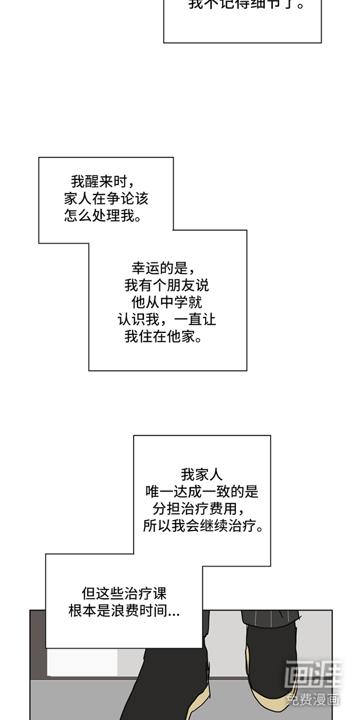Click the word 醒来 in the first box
tap(99, 180)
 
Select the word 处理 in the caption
tap(106, 216)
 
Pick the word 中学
tap(173, 302)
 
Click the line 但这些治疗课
tap(124, 593)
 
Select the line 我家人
tap(201, 474)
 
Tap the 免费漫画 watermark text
tap(313, 699)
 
